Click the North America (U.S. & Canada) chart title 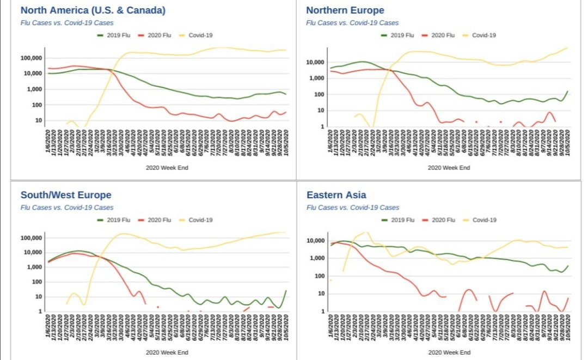(93, 10)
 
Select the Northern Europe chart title (345, 10)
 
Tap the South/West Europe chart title (66, 195)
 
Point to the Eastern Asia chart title (336, 195)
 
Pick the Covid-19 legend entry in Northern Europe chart (483, 35)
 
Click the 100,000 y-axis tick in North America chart (32, 58)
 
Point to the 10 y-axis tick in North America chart (39, 120)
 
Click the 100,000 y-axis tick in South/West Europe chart (32, 239)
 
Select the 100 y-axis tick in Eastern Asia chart (321, 276)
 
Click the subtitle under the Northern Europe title (352, 23)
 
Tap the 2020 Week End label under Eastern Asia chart (449, 352)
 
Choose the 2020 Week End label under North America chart (167, 168)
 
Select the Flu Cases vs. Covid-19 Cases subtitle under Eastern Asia (353, 208)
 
